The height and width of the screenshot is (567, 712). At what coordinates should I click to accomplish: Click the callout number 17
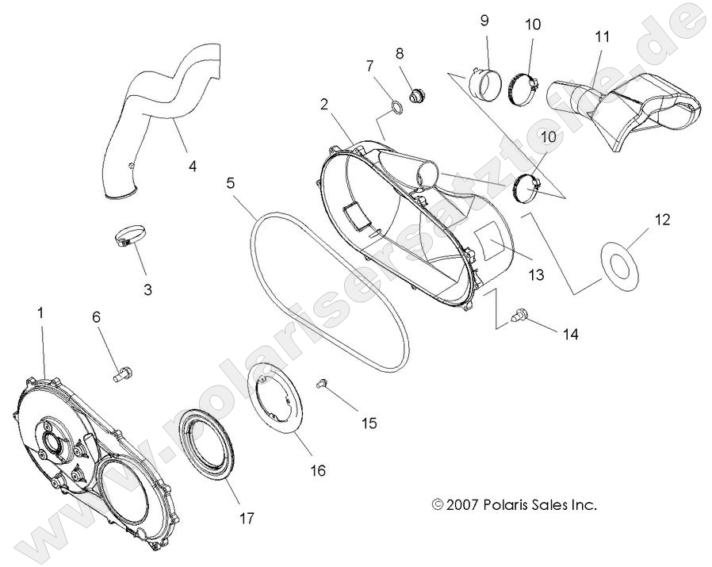246,518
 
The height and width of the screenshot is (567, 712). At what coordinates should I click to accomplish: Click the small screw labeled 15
323,384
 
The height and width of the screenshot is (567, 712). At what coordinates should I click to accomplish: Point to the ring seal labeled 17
208,445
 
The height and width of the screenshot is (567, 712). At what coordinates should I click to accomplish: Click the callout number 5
230,183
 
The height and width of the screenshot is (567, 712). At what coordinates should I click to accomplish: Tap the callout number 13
537,274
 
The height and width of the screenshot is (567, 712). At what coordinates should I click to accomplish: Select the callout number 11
602,36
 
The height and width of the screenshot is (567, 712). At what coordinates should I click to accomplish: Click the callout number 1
40,313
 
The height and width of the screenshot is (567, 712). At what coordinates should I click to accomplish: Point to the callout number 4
192,166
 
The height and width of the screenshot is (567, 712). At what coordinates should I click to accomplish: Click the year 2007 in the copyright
463,504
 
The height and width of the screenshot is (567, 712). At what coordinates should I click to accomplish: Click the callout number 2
324,104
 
